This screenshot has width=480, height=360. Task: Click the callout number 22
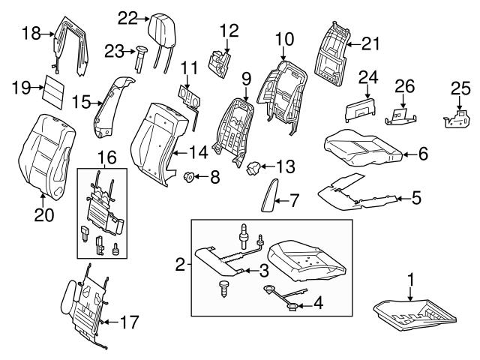[128, 18]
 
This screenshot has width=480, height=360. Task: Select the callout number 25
[460, 88]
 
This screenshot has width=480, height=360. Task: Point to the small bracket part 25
[457, 119]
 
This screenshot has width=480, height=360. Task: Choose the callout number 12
[228, 31]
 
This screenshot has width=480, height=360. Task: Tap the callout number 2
[179, 263]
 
